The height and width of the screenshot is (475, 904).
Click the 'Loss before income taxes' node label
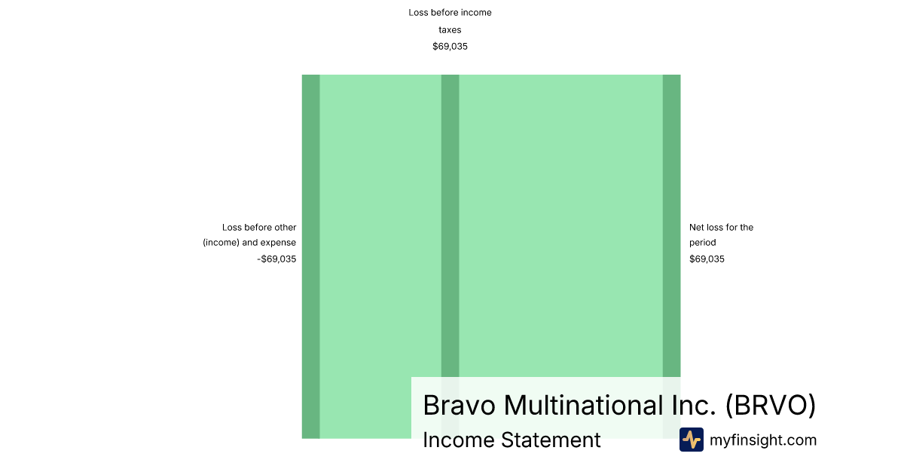450,21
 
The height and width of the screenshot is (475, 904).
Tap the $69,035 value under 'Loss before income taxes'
450,47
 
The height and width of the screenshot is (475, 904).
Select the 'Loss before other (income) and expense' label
249,234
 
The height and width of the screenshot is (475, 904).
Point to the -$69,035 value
276,259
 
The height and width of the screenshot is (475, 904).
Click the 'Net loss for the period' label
721,234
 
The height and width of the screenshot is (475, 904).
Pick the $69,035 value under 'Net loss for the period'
707,259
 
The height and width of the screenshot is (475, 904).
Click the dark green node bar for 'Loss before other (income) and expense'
310,256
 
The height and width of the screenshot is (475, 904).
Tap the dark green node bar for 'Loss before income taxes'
450,226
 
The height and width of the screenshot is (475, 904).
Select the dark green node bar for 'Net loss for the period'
671,226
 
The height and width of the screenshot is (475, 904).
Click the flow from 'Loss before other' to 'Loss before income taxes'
380,226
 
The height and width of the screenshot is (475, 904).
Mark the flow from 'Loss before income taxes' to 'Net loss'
561,226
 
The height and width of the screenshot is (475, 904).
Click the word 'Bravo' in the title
460,405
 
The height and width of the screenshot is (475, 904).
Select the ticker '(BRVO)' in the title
771,405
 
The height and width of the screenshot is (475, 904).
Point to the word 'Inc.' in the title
694,405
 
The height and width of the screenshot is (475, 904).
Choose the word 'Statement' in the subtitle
551,440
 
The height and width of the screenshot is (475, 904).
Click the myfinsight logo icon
692,440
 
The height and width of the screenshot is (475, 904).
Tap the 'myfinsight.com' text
763,440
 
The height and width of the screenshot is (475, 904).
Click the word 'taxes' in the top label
450,30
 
